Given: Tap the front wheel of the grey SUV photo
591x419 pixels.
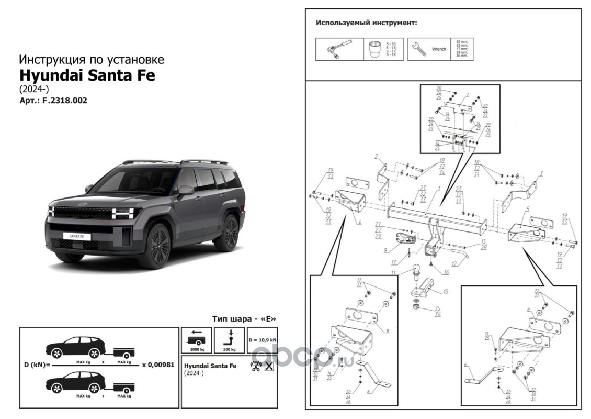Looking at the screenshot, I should (158, 245).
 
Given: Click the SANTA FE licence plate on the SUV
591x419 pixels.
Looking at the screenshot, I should (76, 237).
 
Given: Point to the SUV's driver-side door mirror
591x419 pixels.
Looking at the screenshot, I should (185, 190).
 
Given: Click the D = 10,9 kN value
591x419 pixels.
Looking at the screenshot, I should (263, 339).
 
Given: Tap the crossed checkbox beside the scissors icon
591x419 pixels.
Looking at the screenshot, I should (269, 366).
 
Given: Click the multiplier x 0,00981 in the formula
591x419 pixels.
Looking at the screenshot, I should (158, 366).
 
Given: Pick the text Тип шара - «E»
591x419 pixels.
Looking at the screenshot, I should (244, 318).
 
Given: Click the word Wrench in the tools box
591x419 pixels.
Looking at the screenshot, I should (439, 49).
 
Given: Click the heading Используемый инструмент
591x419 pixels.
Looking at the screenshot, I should (366, 24).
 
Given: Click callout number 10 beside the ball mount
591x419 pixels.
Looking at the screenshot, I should (446, 291).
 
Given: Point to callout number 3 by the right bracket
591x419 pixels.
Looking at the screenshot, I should (542, 173).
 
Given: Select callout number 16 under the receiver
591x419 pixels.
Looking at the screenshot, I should (446, 272).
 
